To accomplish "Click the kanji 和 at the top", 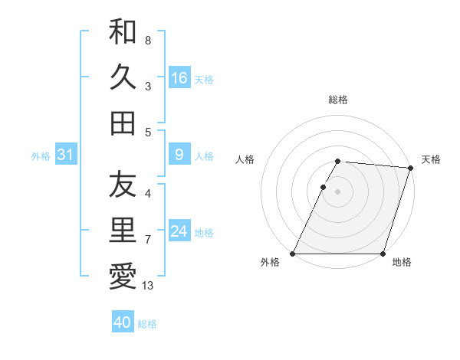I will point(123,31).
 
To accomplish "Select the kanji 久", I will point(123,77).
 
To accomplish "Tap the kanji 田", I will point(123,123).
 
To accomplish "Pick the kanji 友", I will point(123,185).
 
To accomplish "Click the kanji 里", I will point(123,230).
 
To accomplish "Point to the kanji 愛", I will point(123,276).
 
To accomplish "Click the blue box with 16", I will point(179,78).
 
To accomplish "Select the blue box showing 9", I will point(179,155).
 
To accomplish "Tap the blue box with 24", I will point(179,232).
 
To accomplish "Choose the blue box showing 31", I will point(66,155).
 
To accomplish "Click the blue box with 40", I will point(123,322).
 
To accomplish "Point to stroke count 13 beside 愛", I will point(148,286).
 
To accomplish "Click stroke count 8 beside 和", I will point(147,40).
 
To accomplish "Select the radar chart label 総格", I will point(338,100).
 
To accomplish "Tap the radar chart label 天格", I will point(431,159).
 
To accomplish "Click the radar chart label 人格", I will point(245,159).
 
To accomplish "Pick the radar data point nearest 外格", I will point(293,254).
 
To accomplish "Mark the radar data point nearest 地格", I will point(383,254).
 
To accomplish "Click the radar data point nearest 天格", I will point(411,168).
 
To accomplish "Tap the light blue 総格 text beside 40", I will point(147,324).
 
